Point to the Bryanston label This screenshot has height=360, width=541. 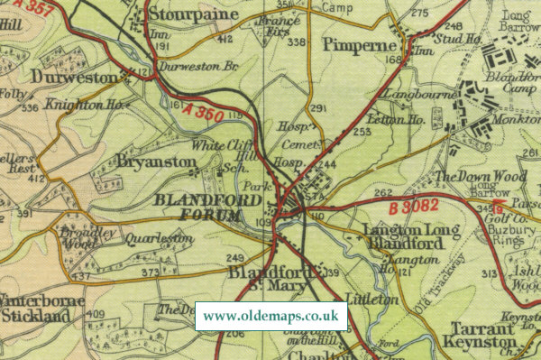[x=156, y=161]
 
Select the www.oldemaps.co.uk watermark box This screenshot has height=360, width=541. [x=270, y=316]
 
